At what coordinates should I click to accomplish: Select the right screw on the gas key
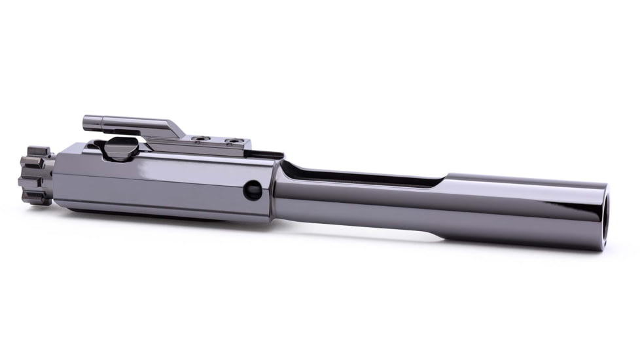click(x=231, y=140)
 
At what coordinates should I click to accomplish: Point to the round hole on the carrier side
click(x=253, y=190)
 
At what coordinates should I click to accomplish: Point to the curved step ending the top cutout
click(x=445, y=180)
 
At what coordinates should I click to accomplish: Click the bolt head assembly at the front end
click(x=36, y=174)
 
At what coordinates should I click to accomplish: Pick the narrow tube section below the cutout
click(x=360, y=209)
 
